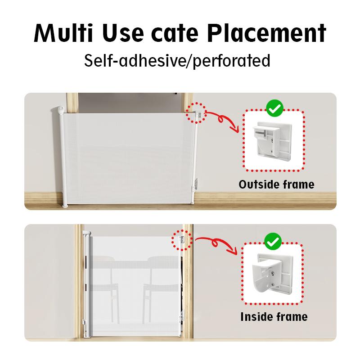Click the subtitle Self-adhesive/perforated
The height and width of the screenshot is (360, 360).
[177, 61]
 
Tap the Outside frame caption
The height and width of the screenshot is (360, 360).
[276, 184]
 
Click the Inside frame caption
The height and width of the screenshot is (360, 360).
[274, 317]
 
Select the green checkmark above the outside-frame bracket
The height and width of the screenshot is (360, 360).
[275, 108]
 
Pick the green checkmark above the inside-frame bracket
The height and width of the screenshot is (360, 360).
[273, 241]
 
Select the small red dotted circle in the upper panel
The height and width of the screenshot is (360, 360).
[196, 113]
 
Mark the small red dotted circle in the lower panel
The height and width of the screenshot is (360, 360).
[182, 240]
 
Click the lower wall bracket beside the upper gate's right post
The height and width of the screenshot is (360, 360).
[196, 184]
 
